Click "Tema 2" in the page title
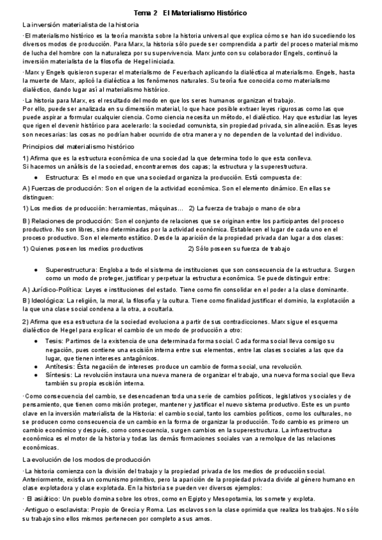coord(147,13)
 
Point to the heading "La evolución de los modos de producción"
coord(78,459)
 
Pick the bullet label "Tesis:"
coord(55,341)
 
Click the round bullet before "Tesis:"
coord(37,341)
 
